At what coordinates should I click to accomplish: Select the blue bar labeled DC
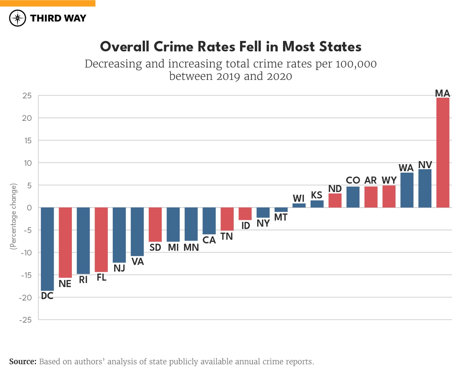tap(47, 249)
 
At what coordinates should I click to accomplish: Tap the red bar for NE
tap(65, 242)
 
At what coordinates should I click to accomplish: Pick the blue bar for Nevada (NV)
tap(425, 188)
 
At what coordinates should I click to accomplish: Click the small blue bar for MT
tap(281, 210)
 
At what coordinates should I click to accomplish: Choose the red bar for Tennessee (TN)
tap(227, 219)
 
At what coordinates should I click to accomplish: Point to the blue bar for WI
tap(299, 205)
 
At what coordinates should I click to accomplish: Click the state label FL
tap(101, 277)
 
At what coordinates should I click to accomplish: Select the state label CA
tap(209, 240)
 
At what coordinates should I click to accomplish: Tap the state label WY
tap(389, 180)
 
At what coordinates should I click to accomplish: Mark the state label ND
tap(335, 189)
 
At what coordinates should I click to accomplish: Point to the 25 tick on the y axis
tap(27, 96)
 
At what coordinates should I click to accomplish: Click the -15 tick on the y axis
tap(26, 275)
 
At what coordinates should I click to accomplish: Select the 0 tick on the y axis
tap(29, 208)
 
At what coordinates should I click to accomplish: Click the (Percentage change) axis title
tap(13, 216)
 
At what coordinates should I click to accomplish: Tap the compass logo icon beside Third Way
tap(17, 18)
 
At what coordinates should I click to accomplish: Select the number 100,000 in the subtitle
tap(356, 64)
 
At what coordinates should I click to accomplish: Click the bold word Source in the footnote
tap(22, 361)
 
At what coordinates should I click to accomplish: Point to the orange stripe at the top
tap(48, 3)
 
